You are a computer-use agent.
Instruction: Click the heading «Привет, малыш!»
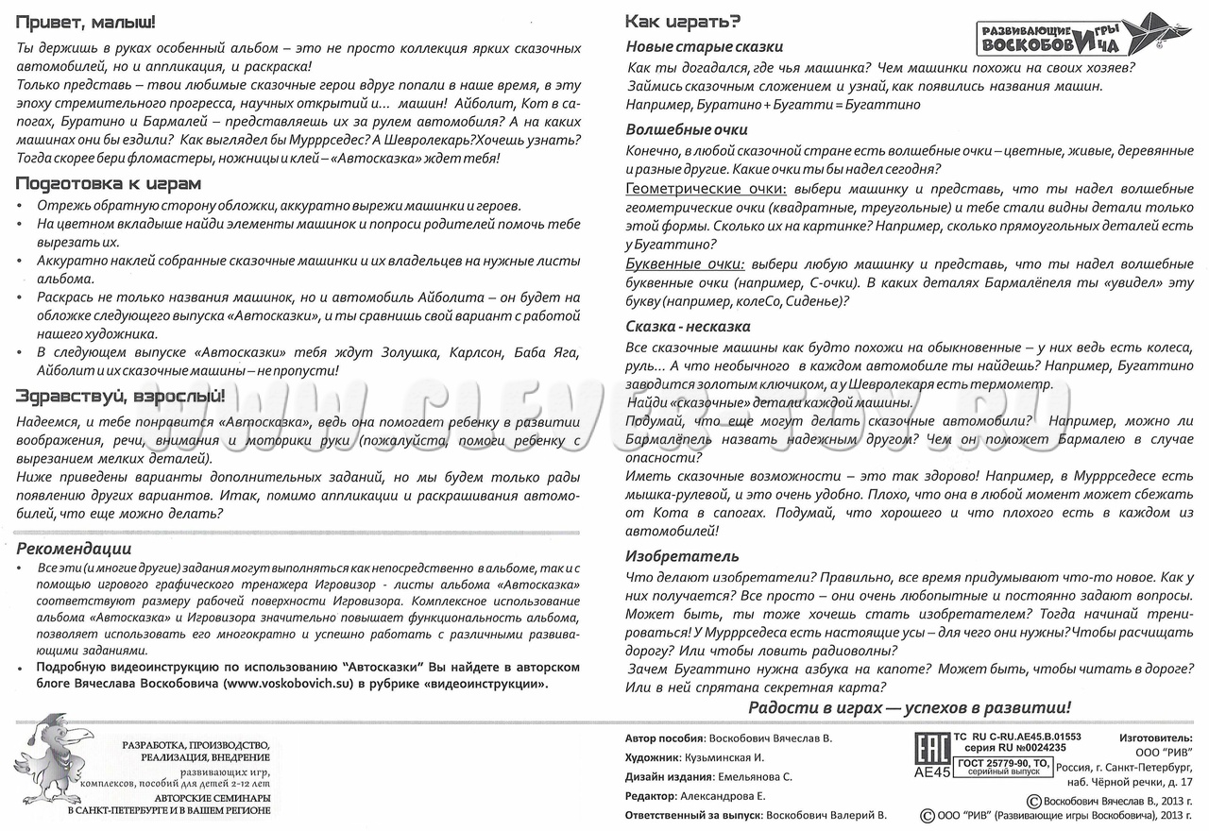pyautogui.click(x=86, y=20)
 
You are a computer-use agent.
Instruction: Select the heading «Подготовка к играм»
pyautogui.click(x=109, y=183)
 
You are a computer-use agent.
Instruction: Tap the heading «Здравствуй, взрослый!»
pyautogui.click(x=121, y=396)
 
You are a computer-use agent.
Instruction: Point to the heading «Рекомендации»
pyautogui.click(x=74, y=549)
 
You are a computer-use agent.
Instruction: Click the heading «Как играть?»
pyautogui.click(x=683, y=22)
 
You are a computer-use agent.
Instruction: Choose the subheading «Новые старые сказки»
pyautogui.click(x=705, y=46)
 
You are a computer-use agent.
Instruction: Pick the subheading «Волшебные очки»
pyautogui.click(x=687, y=129)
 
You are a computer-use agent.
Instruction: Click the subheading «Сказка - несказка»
pyautogui.click(x=688, y=326)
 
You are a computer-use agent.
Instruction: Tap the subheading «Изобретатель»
pyautogui.click(x=682, y=556)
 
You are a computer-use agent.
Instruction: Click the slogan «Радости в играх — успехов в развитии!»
pyautogui.click(x=910, y=707)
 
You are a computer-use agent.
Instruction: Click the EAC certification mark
pyautogui.click(x=932, y=748)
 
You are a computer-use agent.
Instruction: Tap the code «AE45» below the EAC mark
pyautogui.click(x=932, y=772)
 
